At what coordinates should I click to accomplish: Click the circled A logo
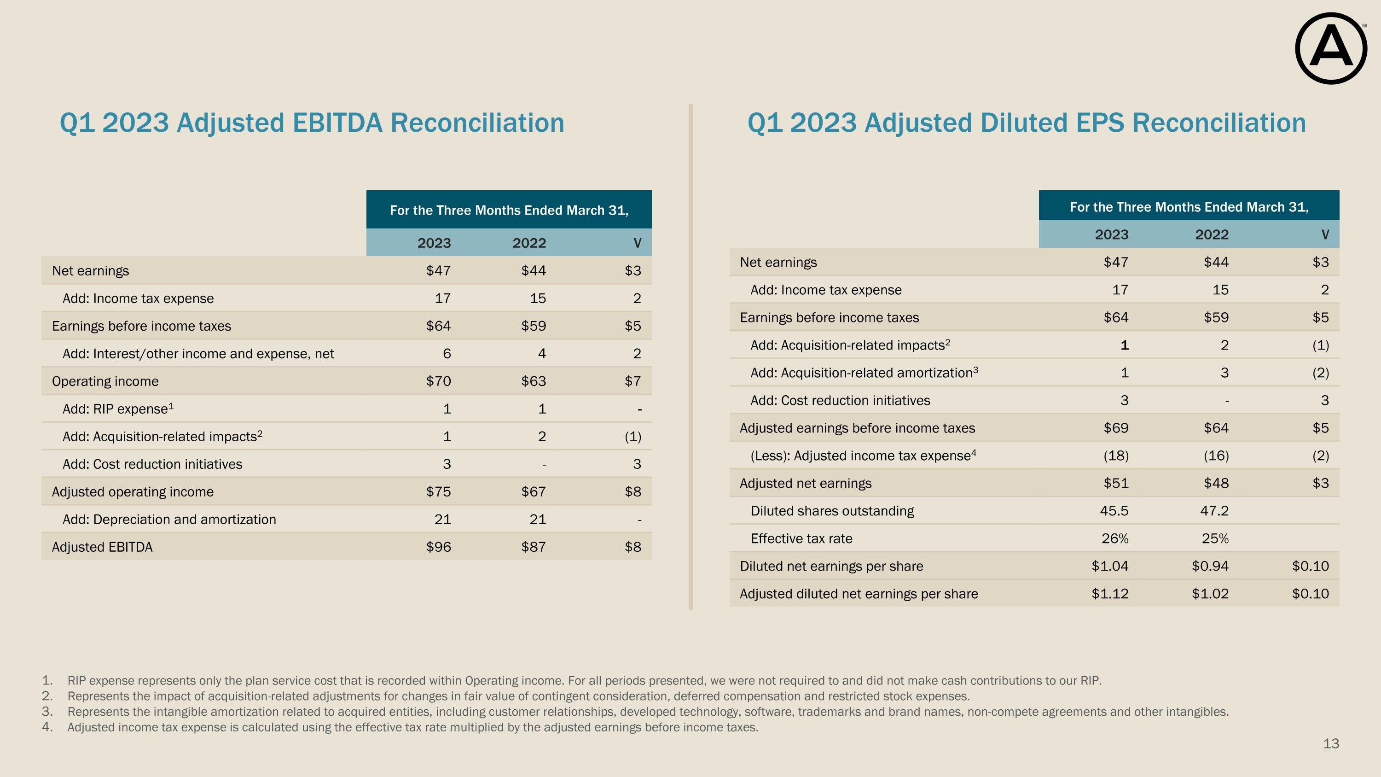click(x=1331, y=48)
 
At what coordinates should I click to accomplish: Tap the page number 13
click(x=1331, y=744)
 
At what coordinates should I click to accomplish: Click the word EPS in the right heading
click(x=1094, y=123)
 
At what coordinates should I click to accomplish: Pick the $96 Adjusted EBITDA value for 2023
click(x=439, y=547)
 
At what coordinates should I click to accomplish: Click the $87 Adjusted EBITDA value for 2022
click(x=534, y=547)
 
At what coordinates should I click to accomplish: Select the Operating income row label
click(x=105, y=381)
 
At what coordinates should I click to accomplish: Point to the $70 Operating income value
click(x=439, y=381)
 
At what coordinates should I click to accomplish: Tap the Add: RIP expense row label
click(x=118, y=409)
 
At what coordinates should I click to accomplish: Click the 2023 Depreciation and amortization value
click(x=443, y=520)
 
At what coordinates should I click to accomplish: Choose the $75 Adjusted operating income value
click(x=439, y=492)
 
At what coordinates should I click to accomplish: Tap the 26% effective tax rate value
click(x=1115, y=538)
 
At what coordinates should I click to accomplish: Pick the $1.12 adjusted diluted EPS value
click(x=1110, y=594)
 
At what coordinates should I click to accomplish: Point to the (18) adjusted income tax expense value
click(x=1116, y=456)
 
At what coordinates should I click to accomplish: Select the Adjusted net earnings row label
click(x=806, y=484)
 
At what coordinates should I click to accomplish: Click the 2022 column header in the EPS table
click(x=1212, y=235)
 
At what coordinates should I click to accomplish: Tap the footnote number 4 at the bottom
click(x=47, y=728)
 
